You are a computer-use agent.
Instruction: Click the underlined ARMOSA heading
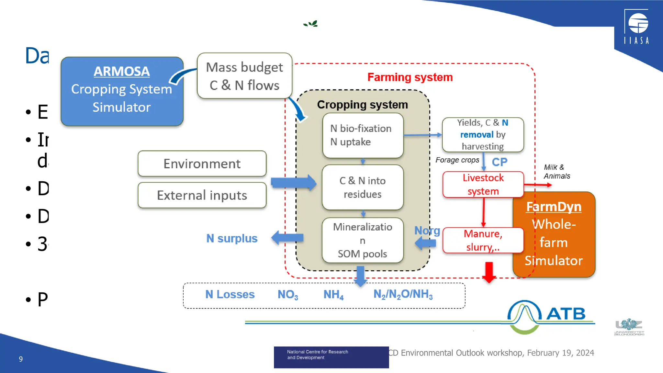point(121,71)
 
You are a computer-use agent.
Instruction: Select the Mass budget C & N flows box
point(244,76)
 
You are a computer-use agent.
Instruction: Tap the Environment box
point(202,164)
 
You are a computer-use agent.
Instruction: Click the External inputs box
point(202,195)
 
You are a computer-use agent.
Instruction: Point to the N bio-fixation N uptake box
point(363,135)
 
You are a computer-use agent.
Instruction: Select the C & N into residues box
point(363,187)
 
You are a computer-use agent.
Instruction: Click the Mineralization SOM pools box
point(363,240)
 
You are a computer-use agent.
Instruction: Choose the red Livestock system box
point(483,185)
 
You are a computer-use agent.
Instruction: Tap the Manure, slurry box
point(483,240)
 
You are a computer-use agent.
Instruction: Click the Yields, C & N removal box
point(483,134)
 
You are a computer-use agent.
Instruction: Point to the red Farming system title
point(410,77)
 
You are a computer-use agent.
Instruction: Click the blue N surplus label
point(232,238)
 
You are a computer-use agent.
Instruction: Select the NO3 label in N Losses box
point(287,294)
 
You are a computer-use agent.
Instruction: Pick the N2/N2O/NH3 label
point(403,294)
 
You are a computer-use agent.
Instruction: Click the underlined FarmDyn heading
point(554,207)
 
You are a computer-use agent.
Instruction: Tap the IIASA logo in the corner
point(636,27)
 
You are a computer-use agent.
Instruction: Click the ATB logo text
point(566,313)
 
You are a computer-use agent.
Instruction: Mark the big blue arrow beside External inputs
point(293,183)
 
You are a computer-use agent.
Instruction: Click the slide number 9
point(21,359)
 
